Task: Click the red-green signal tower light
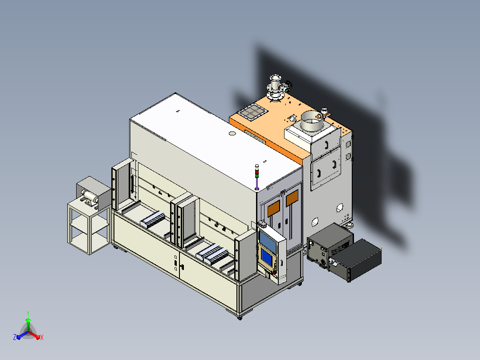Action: [x=257, y=171]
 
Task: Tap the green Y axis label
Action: [x=28, y=314]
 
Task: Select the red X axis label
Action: [x=42, y=337]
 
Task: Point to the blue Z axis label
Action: [x=15, y=337]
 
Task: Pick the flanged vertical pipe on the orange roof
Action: [x=275, y=88]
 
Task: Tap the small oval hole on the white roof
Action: [x=232, y=133]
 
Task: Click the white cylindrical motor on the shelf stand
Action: [x=90, y=196]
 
